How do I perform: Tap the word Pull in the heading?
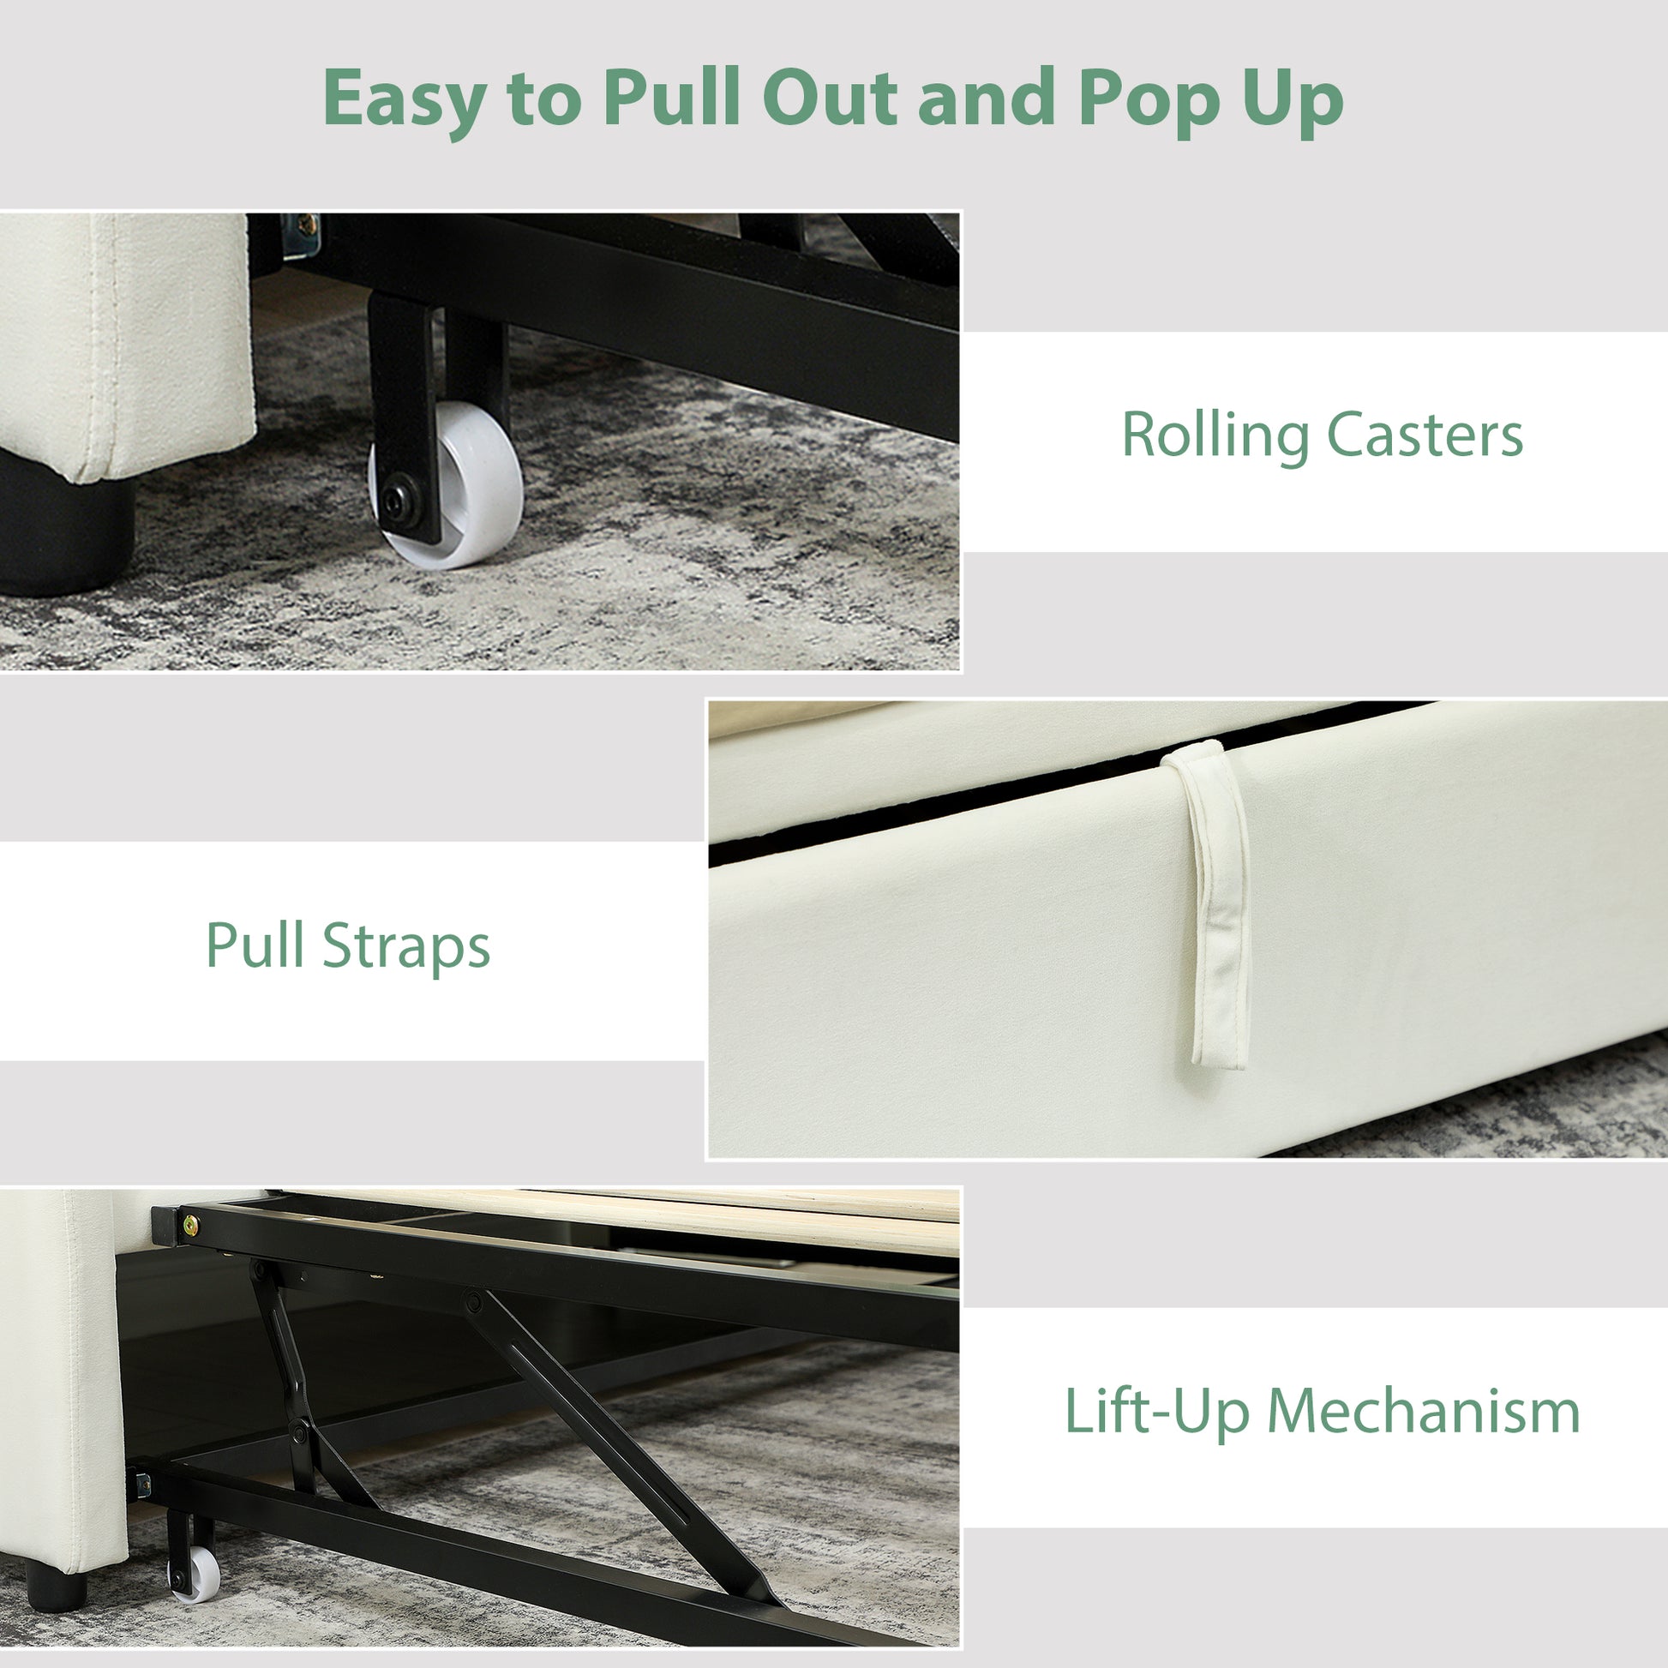pyautogui.click(x=672, y=97)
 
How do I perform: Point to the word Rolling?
pyautogui.click(x=1215, y=435)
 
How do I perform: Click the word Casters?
pyautogui.click(x=1425, y=435)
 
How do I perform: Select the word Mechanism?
pyautogui.click(x=1424, y=1412)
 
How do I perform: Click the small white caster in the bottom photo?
pyautogui.click(x=195, y=1575)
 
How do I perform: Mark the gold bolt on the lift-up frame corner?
pyautogui.click(x=189, y=1223)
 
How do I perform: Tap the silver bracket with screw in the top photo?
pyautogui.click(x=301, y=235)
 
